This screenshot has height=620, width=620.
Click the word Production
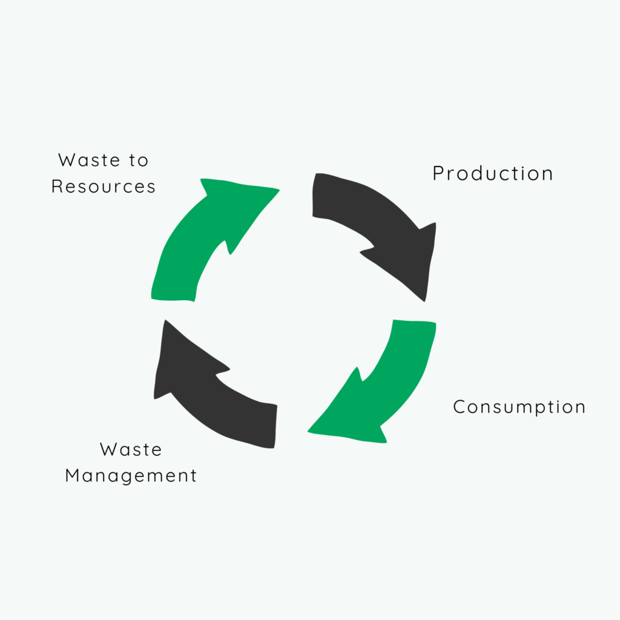click(x=493, y=173)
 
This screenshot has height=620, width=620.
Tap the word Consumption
click(x=519, y=407)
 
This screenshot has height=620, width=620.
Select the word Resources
click(x=103, y=186)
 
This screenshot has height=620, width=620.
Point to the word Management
click(x=131, y=476)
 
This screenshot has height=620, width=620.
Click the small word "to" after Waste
click(x=139, y=160)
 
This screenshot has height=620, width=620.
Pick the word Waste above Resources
click(x=89, y=160)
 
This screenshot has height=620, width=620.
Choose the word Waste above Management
click(x=131, y=450)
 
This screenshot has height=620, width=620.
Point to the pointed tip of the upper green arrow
click(x=280, y=190)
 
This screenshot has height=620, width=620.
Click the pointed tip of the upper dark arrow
click(x=424, y=302)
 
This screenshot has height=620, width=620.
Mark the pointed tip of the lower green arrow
click(x=308, y=431)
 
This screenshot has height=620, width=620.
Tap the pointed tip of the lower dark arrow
click(x=165, y=320)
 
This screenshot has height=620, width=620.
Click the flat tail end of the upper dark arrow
click(x=314, y=195)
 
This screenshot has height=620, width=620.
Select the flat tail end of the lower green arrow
click(x=415, y=321)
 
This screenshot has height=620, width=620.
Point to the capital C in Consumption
click(x=459, y=407)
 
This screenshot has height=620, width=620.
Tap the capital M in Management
click(x=73, y=475)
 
